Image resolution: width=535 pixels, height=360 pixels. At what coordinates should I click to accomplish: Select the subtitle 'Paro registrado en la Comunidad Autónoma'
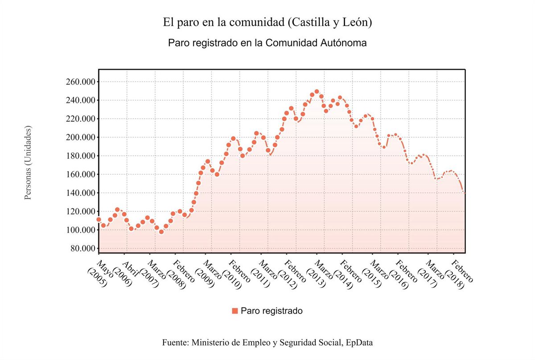pos(267,43)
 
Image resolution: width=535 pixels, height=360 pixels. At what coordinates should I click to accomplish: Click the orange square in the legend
pos(235,311)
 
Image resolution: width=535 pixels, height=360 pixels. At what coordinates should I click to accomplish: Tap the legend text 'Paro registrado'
pos(272,311)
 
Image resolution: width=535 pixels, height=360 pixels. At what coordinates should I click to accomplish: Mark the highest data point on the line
pos(317,92)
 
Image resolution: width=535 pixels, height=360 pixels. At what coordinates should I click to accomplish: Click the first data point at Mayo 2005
pos(99,219)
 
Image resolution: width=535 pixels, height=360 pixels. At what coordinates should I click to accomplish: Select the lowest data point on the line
pos(161,232)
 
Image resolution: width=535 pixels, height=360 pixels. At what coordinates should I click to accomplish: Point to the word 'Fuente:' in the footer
pos(176,343)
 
